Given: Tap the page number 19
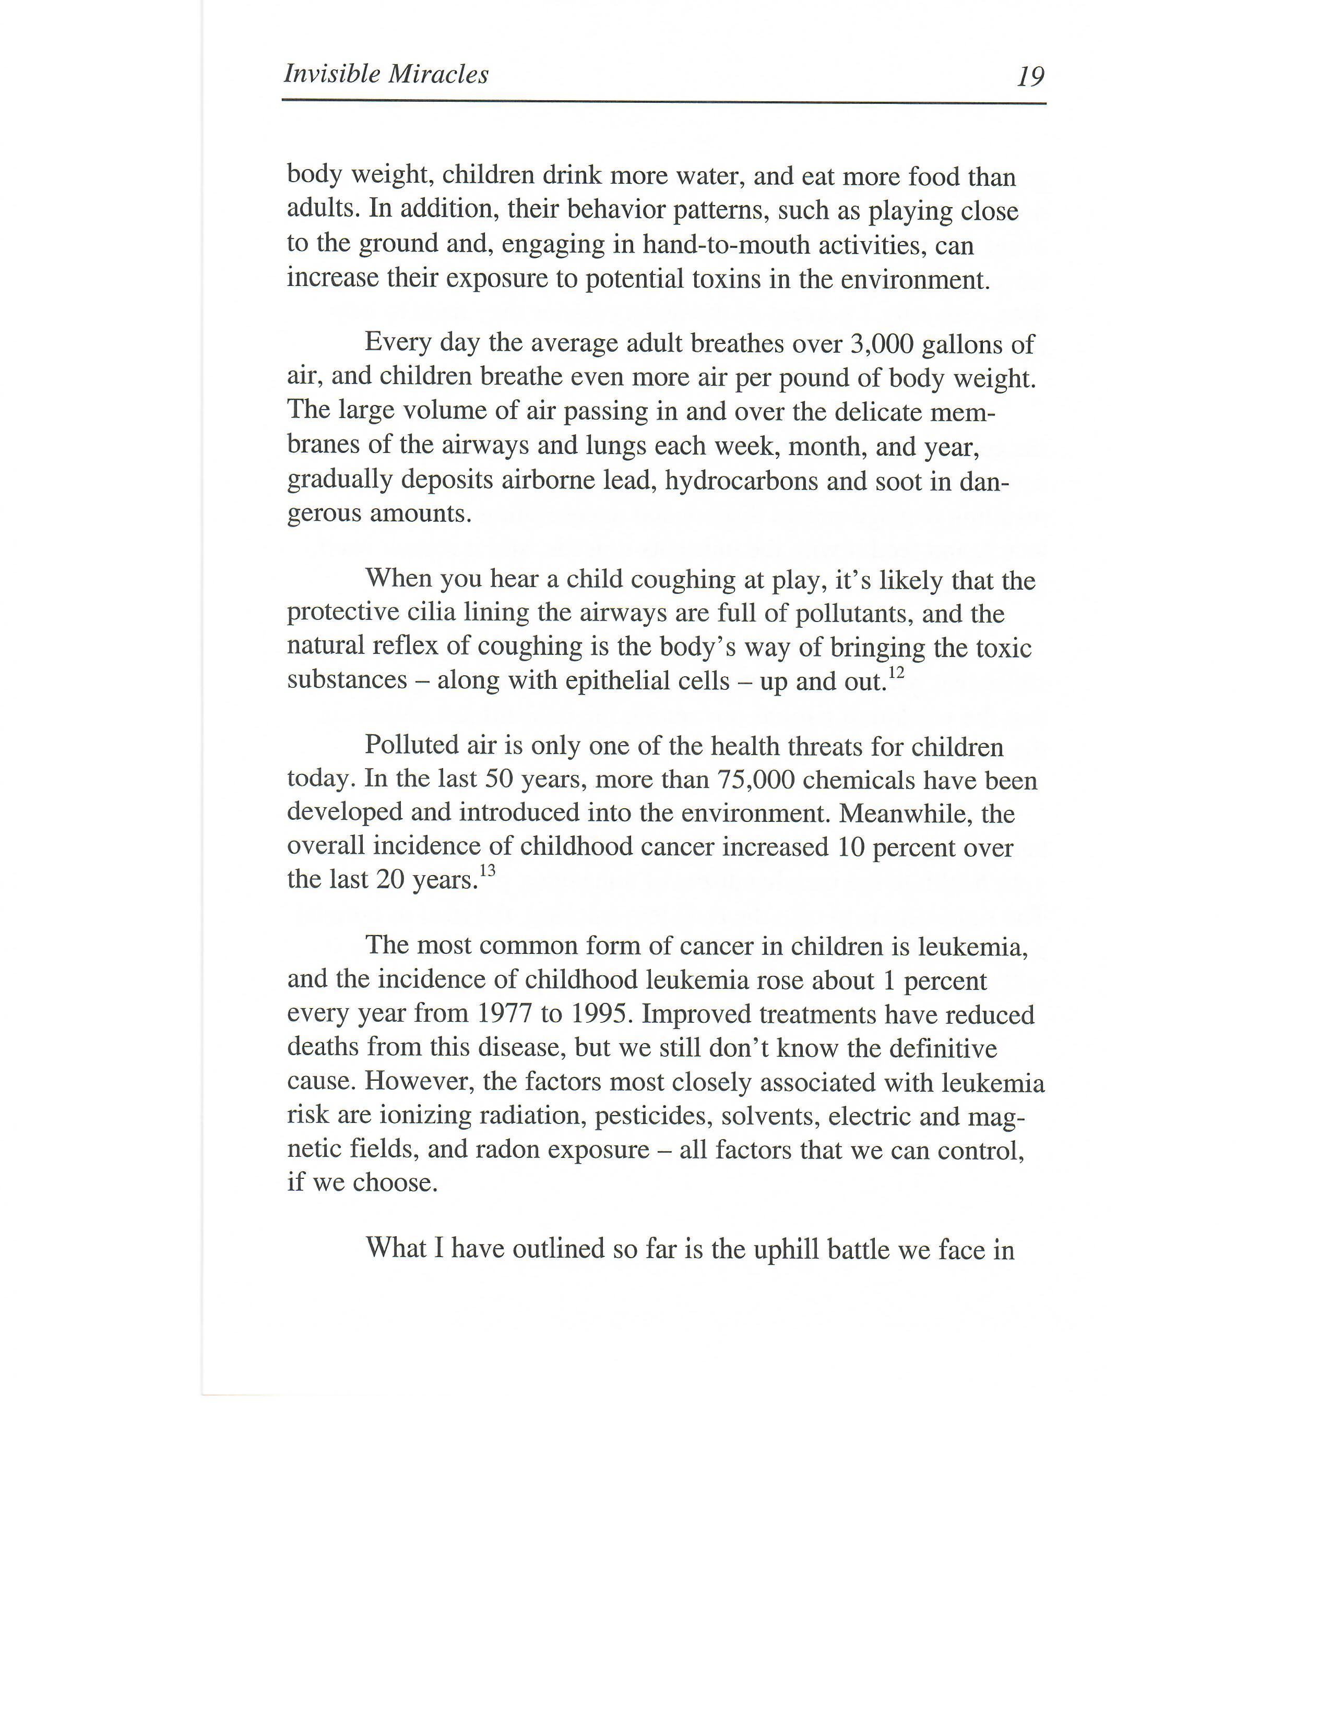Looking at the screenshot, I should (x=1030, y=77).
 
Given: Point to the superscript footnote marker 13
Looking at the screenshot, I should (x=488, y=871).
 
